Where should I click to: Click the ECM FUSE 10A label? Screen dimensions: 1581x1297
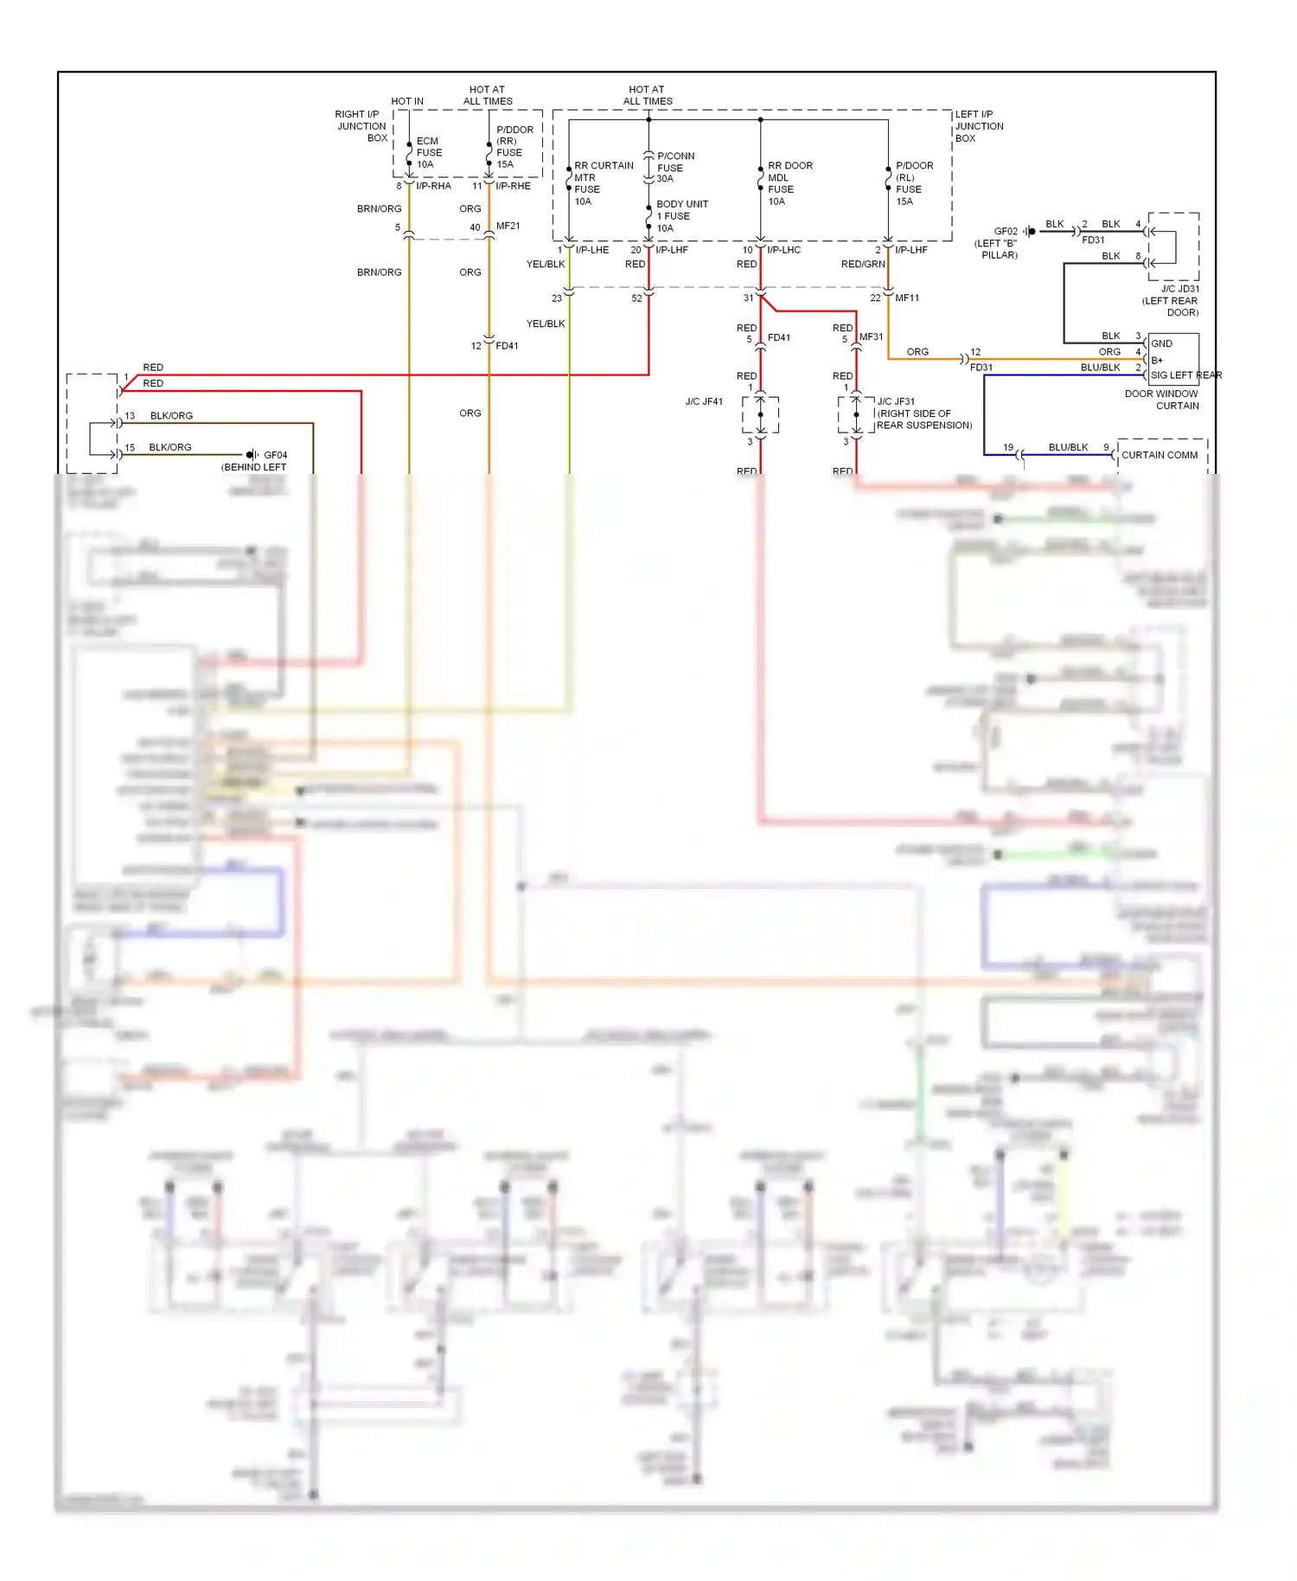coord(429,152)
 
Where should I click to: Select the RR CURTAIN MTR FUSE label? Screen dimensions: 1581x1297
coord(603,182)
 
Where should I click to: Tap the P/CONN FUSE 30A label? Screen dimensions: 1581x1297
coord(674,167)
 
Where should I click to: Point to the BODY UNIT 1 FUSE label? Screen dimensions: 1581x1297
coord(681,215)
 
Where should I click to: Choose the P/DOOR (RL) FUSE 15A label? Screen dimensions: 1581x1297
coord(914,182)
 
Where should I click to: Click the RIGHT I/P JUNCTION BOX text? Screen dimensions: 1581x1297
coord(362,125)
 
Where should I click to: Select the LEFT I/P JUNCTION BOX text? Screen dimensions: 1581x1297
coord(979,125)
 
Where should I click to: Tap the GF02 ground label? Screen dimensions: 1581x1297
coord(1006,231)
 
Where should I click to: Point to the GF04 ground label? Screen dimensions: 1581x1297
coord(275,455)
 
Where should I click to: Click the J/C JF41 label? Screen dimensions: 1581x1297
coord(704,401)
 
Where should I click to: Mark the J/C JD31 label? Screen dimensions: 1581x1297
coord(1179,289)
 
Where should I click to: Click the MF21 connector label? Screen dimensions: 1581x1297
coord(508,226)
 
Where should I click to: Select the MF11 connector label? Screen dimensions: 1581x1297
coord(907,298)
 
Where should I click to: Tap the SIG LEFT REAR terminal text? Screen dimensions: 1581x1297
coord(1185,375)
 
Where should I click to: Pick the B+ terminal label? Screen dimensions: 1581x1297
coord(1157,360)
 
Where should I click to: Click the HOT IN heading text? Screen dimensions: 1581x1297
coord(407,101)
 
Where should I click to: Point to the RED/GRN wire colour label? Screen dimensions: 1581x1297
coord(862,264)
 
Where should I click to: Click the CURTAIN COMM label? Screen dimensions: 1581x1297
coord(1160,455)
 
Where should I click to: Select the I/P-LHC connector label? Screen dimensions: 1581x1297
coord(783,250)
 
